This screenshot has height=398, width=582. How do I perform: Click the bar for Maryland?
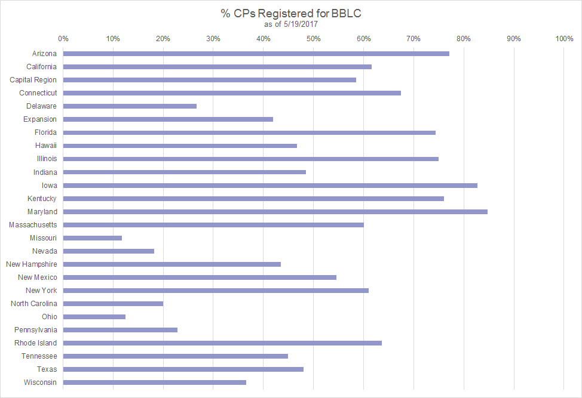coord(275,212)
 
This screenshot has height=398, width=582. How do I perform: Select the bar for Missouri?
coord(93,238)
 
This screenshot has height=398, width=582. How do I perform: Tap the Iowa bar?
coord(270,186)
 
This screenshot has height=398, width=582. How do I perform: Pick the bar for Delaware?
coord(130,106)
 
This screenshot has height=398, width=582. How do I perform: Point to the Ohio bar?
coord(94,317)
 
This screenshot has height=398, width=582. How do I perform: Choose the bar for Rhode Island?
coord(222,343)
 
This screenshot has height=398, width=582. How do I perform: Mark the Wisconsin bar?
coord(154,382)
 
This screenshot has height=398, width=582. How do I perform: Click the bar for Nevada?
coord(109,251)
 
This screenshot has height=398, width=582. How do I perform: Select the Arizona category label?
coord(42,54)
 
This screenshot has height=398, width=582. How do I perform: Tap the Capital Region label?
coord(33,80)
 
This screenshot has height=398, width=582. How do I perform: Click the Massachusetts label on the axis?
coord(33,225)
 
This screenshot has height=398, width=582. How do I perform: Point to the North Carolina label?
coord(34,304)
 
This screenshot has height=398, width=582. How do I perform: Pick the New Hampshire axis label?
coord(32,264)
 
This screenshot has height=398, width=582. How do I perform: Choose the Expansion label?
coord(40,119)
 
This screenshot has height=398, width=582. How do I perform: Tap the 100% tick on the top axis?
coord(564,39)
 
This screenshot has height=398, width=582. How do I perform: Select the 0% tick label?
coord(63,39)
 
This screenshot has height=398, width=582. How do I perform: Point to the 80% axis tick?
coord(464,39)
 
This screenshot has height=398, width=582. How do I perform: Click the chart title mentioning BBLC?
coord(291,13)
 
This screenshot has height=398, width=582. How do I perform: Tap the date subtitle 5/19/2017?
coord(291,24)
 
